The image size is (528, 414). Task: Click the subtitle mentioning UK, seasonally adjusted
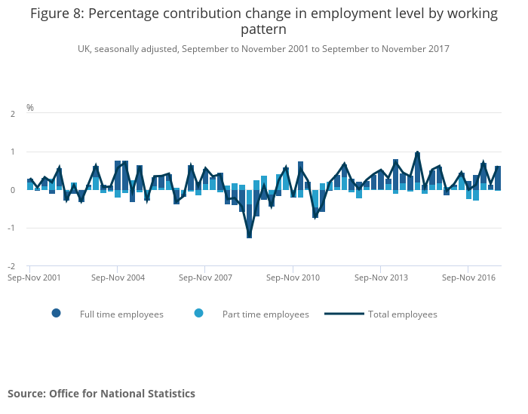pos(263,49)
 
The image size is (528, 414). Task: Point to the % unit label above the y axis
pos(30,108)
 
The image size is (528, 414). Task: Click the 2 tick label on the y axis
pos(13,114)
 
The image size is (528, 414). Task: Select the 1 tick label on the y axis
pos(13,152)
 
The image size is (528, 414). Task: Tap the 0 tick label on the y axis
pos(13,190)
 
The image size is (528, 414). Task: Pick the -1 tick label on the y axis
pos(11,228)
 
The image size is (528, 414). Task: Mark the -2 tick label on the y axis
pos(11,266)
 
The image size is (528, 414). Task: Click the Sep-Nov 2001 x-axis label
pos(30,278)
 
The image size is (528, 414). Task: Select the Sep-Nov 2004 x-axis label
pos(118,278)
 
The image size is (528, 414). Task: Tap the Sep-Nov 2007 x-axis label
pos(205,278)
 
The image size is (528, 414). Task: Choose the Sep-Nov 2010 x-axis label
pos(293,278)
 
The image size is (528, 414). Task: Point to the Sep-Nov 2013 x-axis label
pos(380,278)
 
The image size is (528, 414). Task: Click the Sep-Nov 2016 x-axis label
pos(468,278)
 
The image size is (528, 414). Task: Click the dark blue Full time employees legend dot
pos(57,314)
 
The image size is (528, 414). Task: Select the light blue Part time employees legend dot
pos(199,314)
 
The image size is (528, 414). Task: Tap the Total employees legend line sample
pos(344,314)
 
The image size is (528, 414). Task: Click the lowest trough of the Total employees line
pos(249,237)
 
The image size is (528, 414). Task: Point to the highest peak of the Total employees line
pos(417,153)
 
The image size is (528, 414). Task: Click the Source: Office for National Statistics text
pos(101,394)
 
